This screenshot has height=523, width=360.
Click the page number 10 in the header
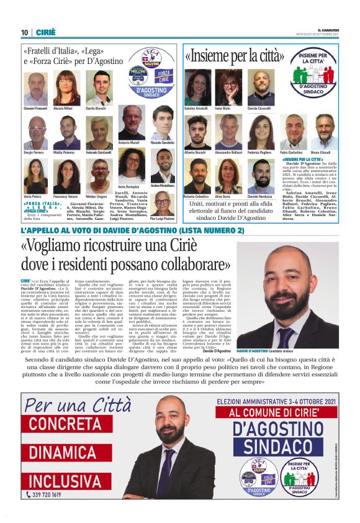[25, 32]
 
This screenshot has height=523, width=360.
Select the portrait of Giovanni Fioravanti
[35, 89]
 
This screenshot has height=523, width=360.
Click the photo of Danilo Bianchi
[99, 89]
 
